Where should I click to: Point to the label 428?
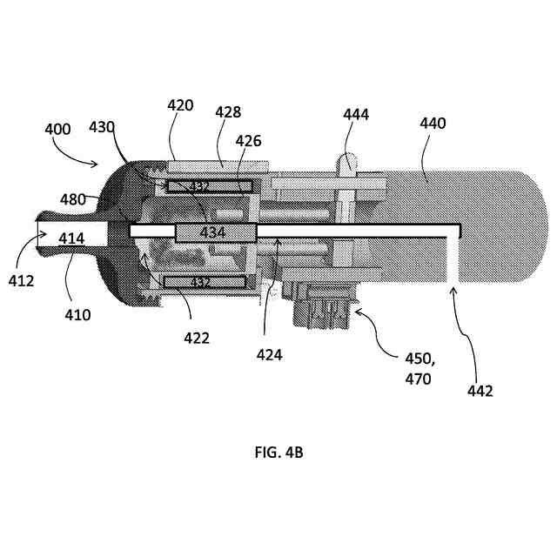tap(227, 112)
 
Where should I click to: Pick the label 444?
tap(356, 114)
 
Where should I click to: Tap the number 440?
tap(432, 124)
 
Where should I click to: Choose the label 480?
tap(73, 198)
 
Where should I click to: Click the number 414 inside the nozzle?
tap(72, 238)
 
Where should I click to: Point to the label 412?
tap(22, 281)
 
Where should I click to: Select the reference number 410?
tap(77, 315)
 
